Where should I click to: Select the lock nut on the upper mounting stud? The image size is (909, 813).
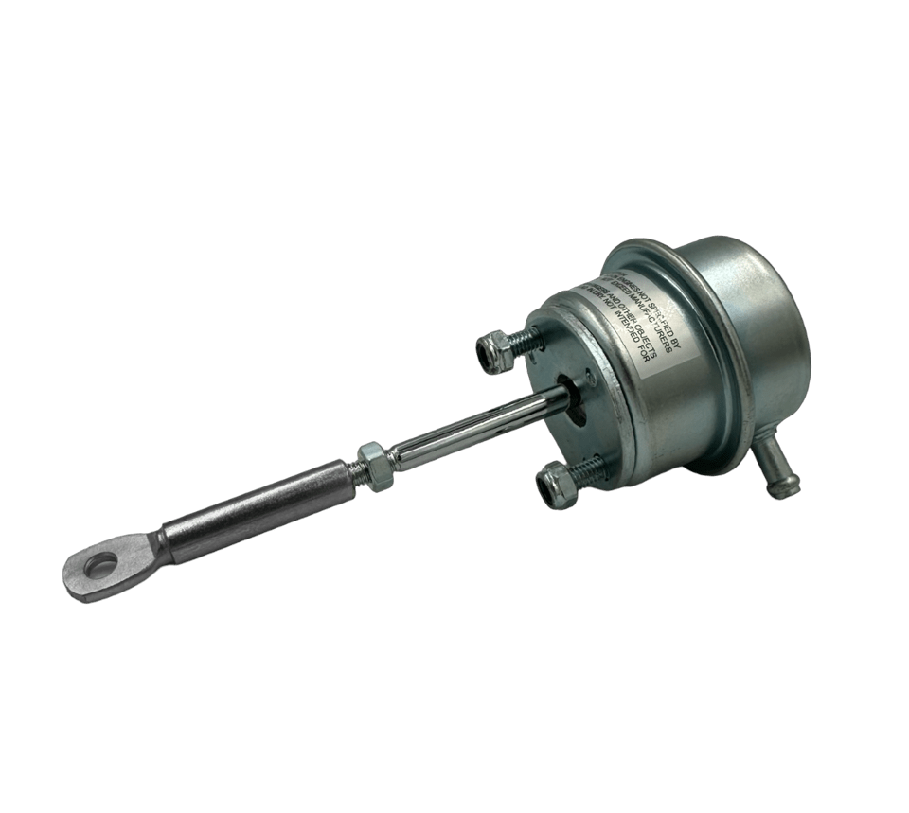[x=492, y=351]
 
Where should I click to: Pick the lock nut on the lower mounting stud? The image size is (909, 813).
[x=554, y=487]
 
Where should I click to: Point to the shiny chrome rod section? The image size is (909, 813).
[x=473, y=428]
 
